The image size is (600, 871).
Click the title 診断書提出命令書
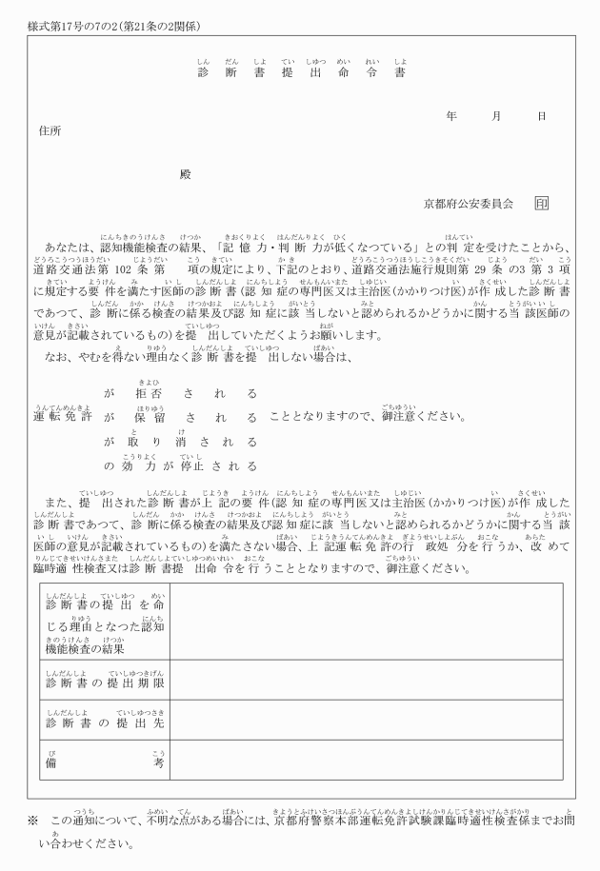tap(301, 73)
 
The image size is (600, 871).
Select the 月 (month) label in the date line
tap(496, 115)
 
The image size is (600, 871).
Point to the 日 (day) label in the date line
tap(541, 115)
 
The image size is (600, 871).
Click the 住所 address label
tap(50, 130)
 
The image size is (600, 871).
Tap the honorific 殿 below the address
tap(185, 174)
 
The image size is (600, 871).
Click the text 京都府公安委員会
tap(469, 204)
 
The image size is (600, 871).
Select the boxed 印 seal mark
tap(541, 204)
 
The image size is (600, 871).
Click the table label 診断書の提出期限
tap(106, 683)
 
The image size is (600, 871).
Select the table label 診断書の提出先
tap(106, 723)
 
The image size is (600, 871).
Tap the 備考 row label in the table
tap(106, 763)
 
